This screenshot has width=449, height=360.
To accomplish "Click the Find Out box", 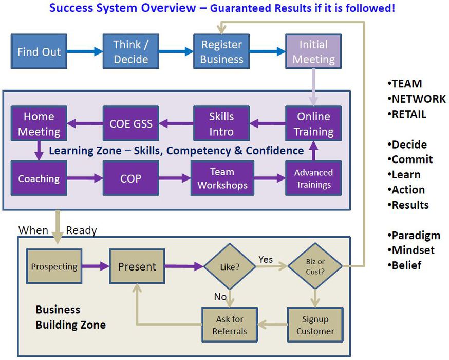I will (x=39, y=52).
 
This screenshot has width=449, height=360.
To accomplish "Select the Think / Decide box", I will (x=130, y=52).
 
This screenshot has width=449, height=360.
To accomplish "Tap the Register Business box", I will (x=221, y=52).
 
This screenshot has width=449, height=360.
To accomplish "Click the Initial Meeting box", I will (x=313, y=52).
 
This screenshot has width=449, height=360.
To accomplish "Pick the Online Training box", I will (x=313, y=123).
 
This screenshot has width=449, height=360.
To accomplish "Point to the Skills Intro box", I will (x=221, y=123).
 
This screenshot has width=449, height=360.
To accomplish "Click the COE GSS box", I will (x=130, y=123).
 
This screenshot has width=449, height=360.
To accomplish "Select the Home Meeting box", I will (x=39, y=123).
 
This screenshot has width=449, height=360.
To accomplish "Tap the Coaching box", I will (x=39, y=178).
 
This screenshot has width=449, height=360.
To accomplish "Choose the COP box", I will (x=130, y=178).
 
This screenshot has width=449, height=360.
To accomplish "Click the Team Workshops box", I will (x=222, y=178).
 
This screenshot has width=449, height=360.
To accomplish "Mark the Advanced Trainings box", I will (x=313, y=178).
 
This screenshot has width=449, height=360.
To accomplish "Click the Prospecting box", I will (x=54, y=266).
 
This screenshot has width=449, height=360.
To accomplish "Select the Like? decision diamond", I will (x=230, y=266).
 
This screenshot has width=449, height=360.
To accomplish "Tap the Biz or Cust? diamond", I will (x=314, y=266).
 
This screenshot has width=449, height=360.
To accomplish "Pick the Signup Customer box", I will (x=315, y=325).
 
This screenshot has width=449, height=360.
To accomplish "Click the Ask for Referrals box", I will (x=230, y=325).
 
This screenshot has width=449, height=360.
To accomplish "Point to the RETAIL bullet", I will (x=408, y=114).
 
